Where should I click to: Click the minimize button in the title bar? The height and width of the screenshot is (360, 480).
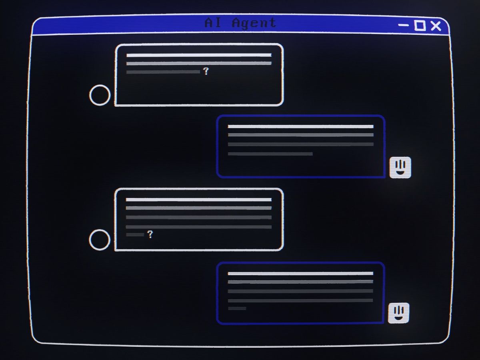(404, 25)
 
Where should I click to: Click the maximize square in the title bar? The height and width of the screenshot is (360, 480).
(420, 25)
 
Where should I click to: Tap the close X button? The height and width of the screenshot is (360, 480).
(436, 26)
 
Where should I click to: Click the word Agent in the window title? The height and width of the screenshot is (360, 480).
(254, 23)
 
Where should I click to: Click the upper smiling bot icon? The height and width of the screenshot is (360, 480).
(400, 168)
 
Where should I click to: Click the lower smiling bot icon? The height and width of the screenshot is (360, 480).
(399, 313)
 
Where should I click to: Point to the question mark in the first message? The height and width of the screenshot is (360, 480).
(206, 71)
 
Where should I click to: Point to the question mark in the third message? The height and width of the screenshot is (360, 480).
(150, 234)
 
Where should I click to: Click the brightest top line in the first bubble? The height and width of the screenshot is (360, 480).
(199, 55)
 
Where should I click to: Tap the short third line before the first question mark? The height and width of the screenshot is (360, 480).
(163, 72)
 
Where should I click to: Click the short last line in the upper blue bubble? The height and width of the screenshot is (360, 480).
(270, 154)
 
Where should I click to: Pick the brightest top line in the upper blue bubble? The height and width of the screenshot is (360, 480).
(301, 126)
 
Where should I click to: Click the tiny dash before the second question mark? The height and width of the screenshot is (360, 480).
(135, 235)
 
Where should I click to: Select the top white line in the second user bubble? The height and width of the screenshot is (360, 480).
(198, 200)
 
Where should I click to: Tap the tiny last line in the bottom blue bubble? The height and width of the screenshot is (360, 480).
(237, 308)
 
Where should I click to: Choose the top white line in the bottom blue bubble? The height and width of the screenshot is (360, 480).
(300, 274)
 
